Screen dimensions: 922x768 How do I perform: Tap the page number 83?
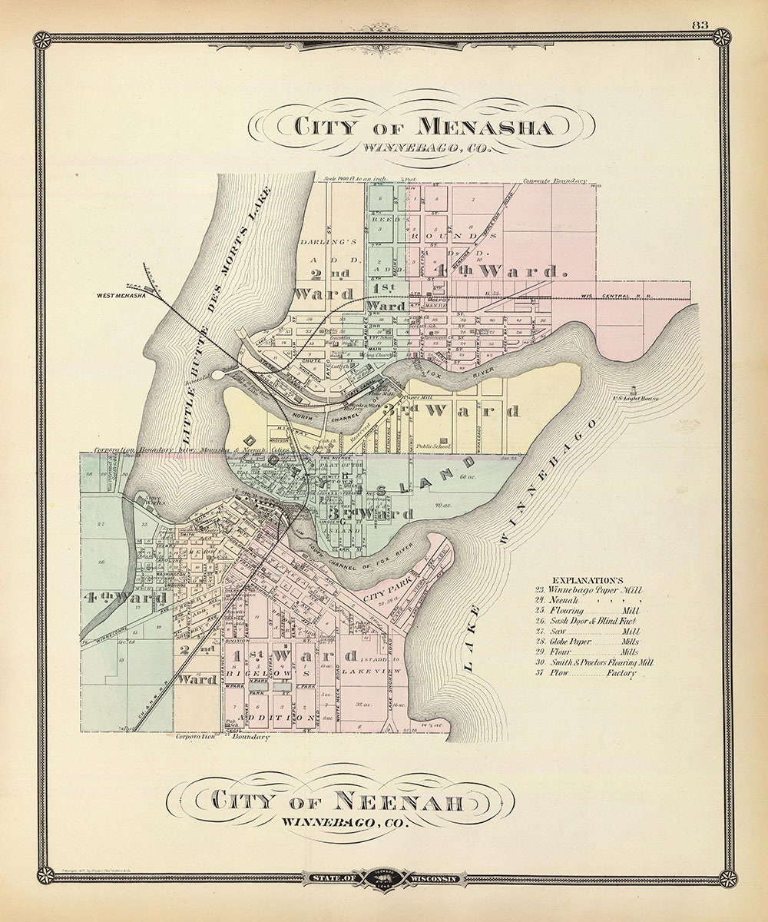(x=700, y=25)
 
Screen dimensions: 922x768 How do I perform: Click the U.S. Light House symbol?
(x=633, y=390)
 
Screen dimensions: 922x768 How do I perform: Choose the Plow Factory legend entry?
(x=588, y=673)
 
